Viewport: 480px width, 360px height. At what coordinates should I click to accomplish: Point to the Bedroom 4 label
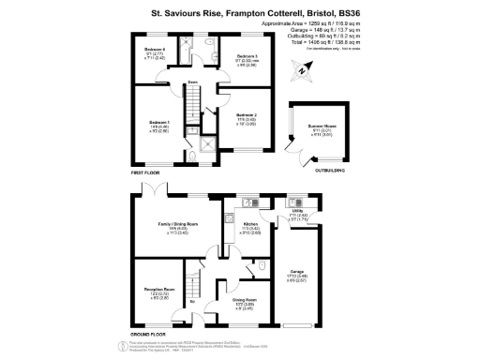coord(155,50)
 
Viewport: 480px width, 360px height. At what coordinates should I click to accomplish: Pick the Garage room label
coord(299,274)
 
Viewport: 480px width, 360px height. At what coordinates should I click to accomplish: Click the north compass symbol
coord(301,68)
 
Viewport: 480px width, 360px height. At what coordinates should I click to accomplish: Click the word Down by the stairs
coord(191,82)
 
